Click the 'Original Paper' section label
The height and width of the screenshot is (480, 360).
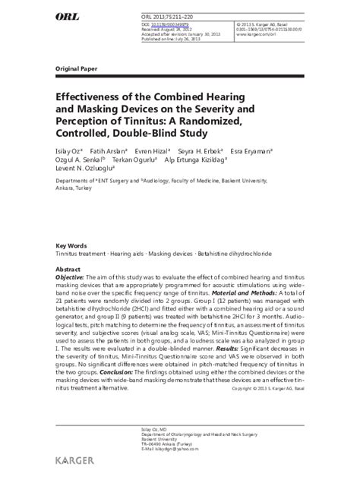(77, 68)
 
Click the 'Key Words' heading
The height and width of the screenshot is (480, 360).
(72, 246)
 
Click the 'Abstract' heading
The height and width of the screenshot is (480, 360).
(69, 269)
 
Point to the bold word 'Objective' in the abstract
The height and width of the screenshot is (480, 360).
(73, 279)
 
